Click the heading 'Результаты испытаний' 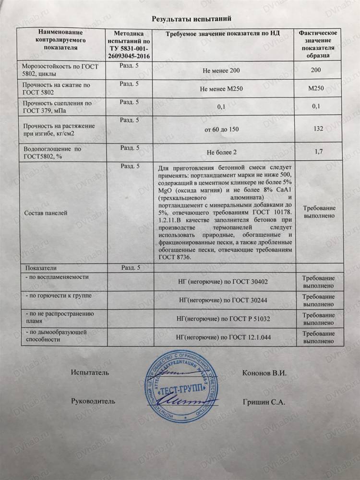[192, 19]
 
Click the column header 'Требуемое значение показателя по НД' [222, 34]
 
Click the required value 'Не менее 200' [222, 72]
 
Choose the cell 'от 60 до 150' [222, 129]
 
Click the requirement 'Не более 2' [222, 153]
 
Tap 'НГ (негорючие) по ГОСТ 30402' [223, 282]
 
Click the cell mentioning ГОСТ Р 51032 [223, 319]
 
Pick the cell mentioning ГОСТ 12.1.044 [223, 337]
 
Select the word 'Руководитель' [94, 401]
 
